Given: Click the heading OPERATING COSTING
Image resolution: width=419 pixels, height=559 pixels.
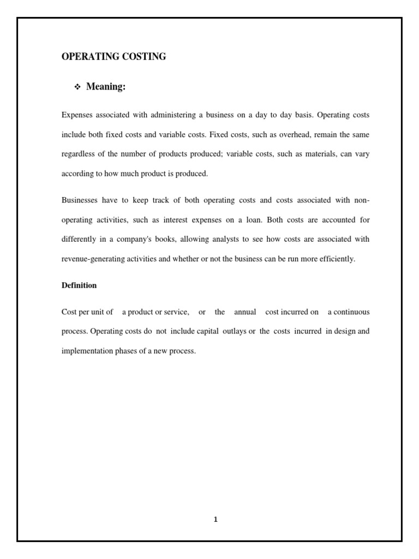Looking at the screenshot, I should [113, 57].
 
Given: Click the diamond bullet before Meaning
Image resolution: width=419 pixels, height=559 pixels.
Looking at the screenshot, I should [77, 88].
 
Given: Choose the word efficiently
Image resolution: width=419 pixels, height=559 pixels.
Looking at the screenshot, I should [338, 259].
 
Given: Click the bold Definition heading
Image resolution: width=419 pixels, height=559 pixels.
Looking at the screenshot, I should [79, 286].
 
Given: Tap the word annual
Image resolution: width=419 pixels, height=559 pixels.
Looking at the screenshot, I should [245, 312].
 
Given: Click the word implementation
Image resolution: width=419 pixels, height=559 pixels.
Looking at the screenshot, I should [88, 351].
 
